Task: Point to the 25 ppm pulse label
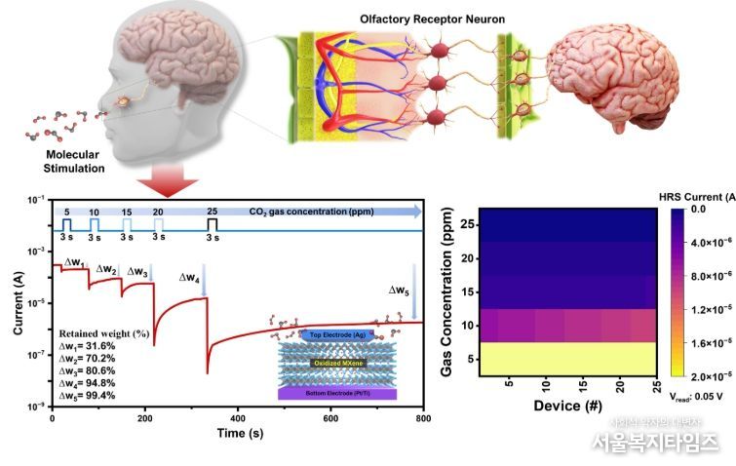click(x=212, y=212)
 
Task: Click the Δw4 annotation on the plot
click(x=190, y=278)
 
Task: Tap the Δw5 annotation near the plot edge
click(x=399, y=290)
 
